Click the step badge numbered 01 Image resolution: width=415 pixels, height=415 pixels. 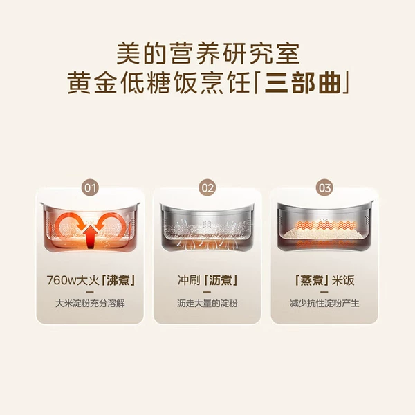coord(90,187)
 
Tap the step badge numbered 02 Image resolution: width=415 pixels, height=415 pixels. coord(207,187)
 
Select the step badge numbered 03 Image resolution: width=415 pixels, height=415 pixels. coord(324,187)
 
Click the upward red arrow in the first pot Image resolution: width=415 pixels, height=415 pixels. coord(91,237)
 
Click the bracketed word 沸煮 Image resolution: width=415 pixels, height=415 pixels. coord(118,280)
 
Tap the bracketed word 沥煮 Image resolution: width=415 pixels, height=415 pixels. coord(221,280)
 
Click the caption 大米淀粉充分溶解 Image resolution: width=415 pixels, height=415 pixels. coord(90,304)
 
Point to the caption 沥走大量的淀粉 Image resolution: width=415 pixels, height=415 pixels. coord(207,304)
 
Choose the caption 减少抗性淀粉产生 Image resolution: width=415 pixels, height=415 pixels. coord(324,304)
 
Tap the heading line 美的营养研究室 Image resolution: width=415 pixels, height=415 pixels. coord(207,53)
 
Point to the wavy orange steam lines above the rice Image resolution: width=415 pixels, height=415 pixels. coord(325,225)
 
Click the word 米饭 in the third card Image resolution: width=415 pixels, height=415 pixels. coord(343,280)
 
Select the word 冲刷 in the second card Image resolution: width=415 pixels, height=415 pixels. coord(189,280)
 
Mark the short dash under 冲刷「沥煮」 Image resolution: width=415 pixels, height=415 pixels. coord(207,292)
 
